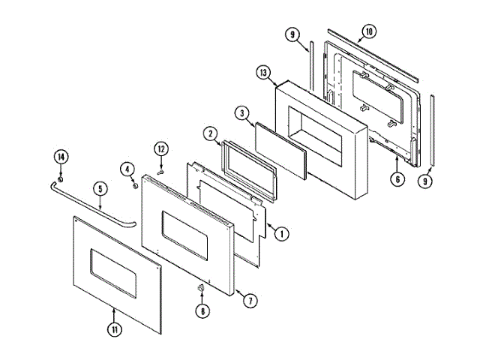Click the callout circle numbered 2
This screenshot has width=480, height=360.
211,133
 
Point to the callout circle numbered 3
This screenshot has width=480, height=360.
241,113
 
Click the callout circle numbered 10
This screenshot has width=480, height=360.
367,32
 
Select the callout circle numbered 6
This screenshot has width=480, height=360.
397,178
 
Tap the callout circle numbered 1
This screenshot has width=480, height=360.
281,233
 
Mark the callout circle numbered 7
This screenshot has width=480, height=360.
251,301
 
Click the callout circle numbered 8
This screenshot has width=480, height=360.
201,311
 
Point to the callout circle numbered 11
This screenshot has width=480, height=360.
113,328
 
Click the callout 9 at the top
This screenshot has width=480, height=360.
293,34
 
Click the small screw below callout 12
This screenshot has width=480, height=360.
160,172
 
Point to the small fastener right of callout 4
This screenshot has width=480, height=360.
136,179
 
